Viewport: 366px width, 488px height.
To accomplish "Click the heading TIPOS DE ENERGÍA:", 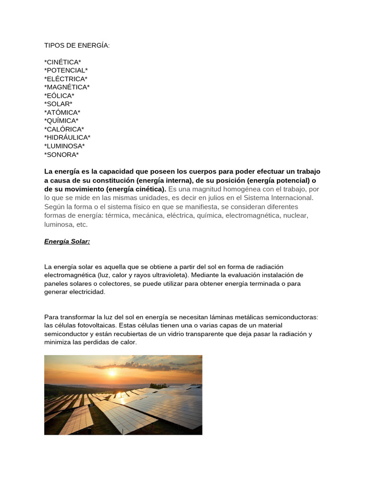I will click(77, 45).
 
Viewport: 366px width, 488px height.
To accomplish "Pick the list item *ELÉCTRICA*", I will click(66, 79).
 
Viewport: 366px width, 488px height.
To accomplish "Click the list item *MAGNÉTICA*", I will click(67, 87).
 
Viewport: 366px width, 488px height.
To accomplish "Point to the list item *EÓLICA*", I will click(59, 96).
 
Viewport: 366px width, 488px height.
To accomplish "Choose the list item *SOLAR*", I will click(58, 104).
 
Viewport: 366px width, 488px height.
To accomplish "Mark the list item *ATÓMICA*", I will click(62, 112).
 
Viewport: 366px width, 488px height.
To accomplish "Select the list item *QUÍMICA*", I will click(61, 121).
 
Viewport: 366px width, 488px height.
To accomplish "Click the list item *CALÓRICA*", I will click(64, 129).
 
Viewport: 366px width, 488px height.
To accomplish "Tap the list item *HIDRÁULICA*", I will click(67, 138).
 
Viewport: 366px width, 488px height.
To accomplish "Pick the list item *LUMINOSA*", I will click(64, 146).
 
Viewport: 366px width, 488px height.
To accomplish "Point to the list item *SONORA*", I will click(61, 154).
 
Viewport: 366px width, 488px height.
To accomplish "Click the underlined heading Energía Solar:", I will click(67, 242).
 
